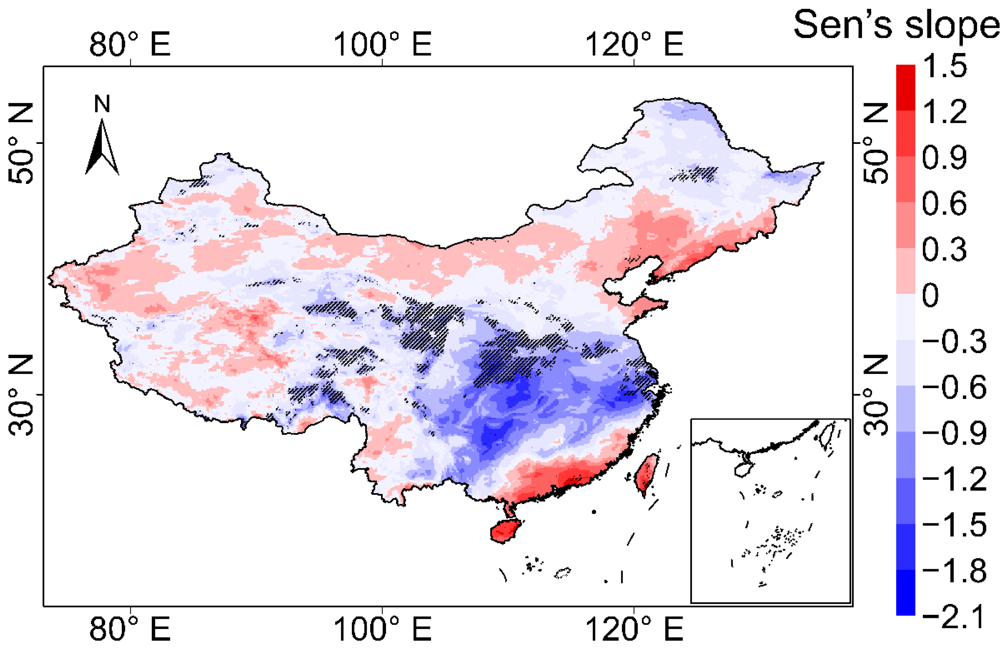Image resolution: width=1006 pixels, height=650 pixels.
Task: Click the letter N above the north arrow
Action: (x=102, y=104)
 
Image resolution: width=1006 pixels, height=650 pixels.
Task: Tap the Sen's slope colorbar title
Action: (x=896, y=25)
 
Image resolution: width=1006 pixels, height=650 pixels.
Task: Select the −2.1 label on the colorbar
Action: (x=954, y=617)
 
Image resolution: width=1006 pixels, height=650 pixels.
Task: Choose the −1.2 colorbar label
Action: (x=954, y=479)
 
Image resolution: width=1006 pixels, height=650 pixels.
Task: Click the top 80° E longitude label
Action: (x=130, y=44)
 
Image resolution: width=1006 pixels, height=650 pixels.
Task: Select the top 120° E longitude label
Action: (x=634, y=44)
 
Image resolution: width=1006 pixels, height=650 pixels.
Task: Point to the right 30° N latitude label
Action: (x=876, y=394)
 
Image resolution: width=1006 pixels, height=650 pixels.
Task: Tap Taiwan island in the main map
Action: (x=646, y=473)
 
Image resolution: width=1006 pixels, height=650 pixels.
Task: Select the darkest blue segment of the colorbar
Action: (x=905, y=592)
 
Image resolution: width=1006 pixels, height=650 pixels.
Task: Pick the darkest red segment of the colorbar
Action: (x=905, y=88)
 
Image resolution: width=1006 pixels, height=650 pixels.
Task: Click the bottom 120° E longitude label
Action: (x=634, y=629)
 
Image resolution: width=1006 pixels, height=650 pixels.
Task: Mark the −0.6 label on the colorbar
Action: (x=954, y=388)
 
